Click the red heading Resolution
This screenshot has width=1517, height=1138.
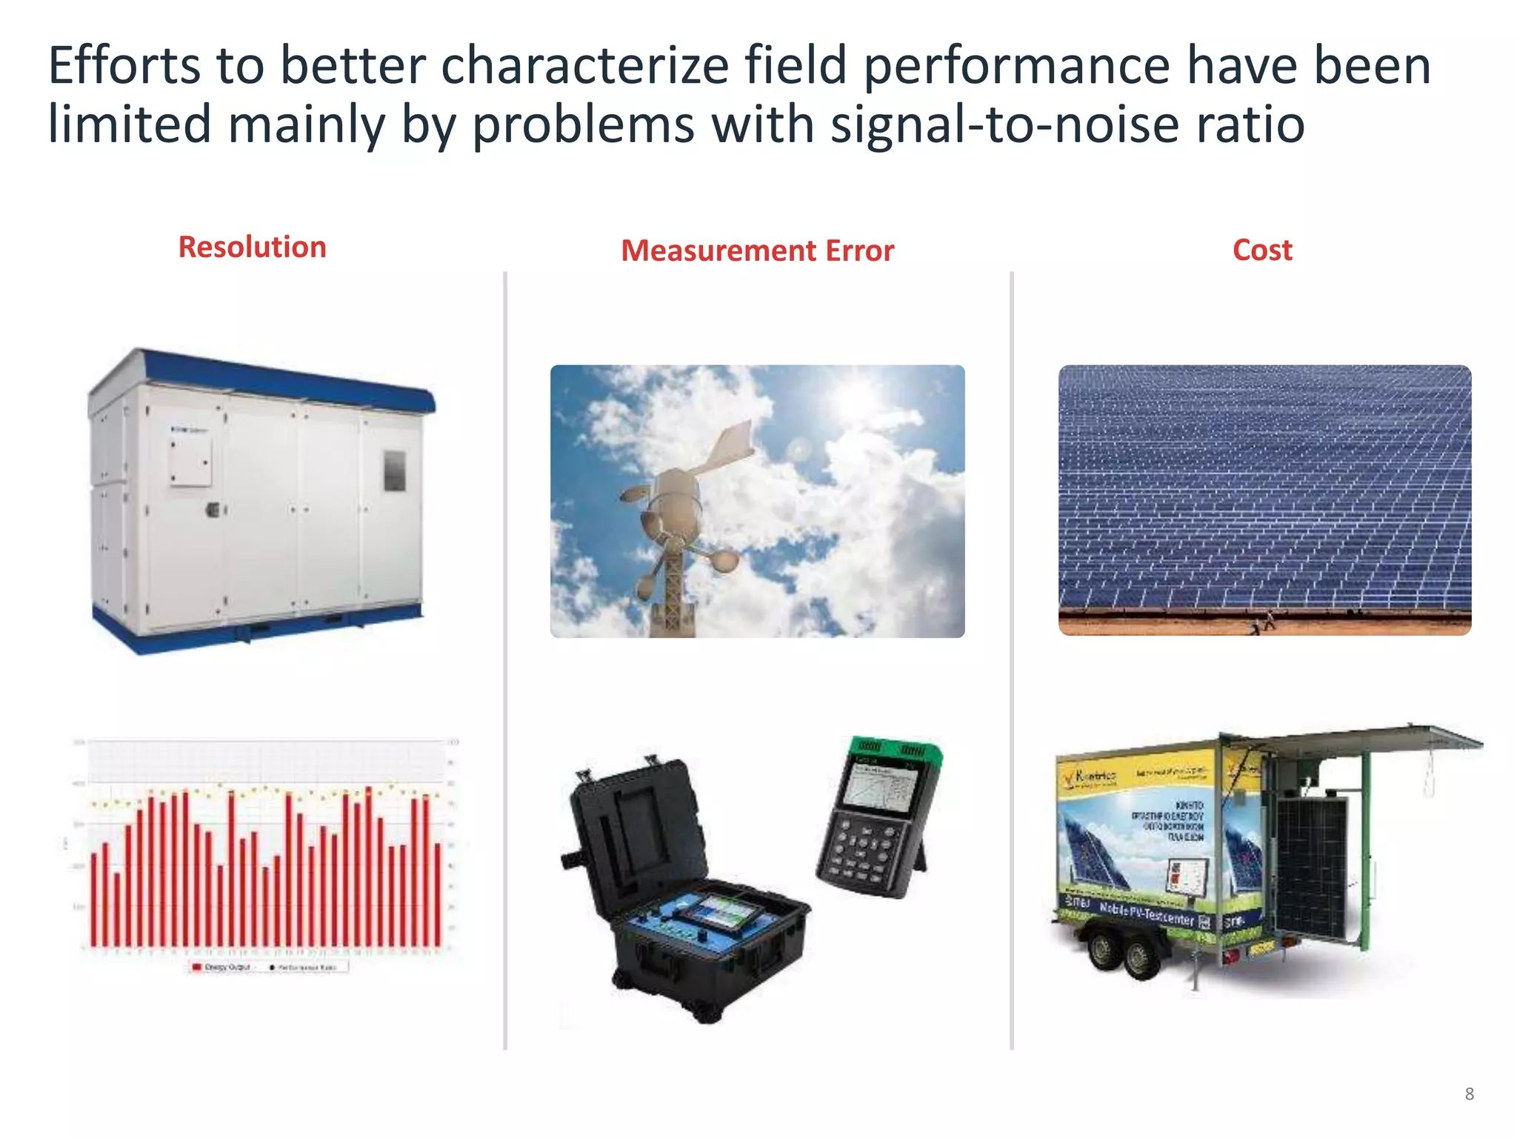click(x=252, y=247)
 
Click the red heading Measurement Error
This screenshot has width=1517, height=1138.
click(x=757, y=251)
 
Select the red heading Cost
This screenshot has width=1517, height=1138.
click(x=1261, y=250)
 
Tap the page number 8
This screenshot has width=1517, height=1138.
click(x=1469, y=1094)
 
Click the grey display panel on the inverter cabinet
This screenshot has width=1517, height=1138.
click(x=394, y=470)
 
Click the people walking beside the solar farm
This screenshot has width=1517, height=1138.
click(x=1263, y=622)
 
